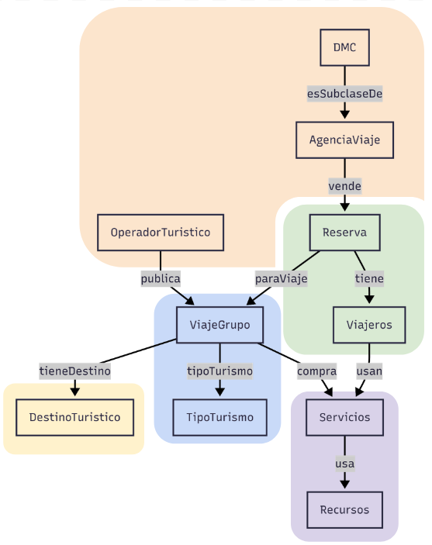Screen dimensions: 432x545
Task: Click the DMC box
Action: pyautogui.click(x=344, y=47)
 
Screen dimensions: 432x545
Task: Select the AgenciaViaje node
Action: pyautogui.click(x=344, y=140)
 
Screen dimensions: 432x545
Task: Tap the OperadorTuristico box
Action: pyautogui.click(x=161, y=233)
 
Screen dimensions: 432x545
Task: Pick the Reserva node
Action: pyautogui.click(x=344, y=233)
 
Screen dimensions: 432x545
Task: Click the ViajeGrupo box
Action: pyautogui.click(x=219, y=325)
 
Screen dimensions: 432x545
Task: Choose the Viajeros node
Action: pyautogui.click(x=369, y=325)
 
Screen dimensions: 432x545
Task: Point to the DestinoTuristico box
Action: pyautogui.click(x=74, y=417)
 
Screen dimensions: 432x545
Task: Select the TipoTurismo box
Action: pyautogui.click(x=219, y=417)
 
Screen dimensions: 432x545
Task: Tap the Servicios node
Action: pyautogui.click(x=344, y=417)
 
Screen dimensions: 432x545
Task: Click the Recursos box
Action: pyautogui.click(x=344, y=510)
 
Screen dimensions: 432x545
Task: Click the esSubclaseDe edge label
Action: pyautogui.click(x=344, y=94)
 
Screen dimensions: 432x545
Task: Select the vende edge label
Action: pyautogui.click(x=344, y=186)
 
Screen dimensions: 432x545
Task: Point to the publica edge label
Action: pyautogui.click(x=161, y=279)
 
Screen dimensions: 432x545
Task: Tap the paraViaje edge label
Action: pyautogui.click(x=281, y=279)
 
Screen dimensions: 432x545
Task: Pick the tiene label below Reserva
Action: pyautogui.click(x=369, y=279)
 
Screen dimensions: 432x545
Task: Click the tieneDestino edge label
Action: pyautogui.click(x=74, y=371)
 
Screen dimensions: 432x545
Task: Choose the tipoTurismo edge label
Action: pyautogui.click(x=219, y=371)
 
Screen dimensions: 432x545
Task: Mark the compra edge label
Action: pyautogui.click(x=317, y=371)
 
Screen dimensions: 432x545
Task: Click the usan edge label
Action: pyautogui.click(x=369, y=371)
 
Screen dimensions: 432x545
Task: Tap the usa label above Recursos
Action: pyautogui.click(x=344, y=464)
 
